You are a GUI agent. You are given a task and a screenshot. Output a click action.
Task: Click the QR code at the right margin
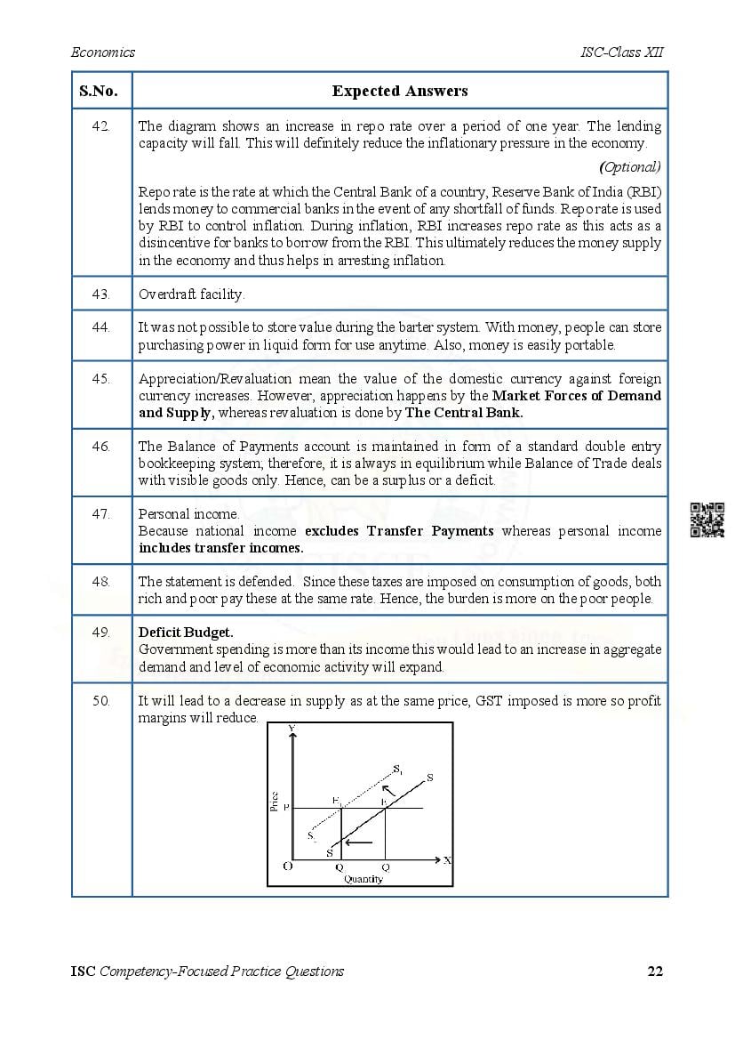tap(707, 520)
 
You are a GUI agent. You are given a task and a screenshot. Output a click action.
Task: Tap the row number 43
tap(101, 294)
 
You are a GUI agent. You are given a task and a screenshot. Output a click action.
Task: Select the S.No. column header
tap(101, 91)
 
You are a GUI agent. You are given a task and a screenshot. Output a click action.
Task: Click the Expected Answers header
tap(400, 91)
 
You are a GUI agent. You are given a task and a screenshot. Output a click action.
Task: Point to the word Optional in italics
tap(631, 166)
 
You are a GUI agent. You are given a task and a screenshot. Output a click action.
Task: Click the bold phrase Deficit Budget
tap(186, 633)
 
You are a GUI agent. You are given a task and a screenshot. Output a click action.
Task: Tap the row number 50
tap(101, 701)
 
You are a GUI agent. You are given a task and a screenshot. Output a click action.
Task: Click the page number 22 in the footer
tap(655, 971)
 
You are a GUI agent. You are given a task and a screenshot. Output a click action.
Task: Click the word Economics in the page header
tap(103, 52)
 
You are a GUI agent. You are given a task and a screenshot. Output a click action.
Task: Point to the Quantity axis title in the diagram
tap(363, 879)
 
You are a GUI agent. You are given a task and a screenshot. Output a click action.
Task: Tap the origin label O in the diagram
tap(288, 866)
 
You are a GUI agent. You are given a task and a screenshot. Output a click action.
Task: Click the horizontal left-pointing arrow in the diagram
tap(358, 842)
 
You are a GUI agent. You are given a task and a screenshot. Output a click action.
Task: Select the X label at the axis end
tap(447, 860)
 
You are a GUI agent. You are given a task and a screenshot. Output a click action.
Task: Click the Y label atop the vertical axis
tap(292, 729)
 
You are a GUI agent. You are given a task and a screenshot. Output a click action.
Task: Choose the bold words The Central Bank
tap(464, 412)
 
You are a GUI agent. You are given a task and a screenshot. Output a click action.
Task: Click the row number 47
tap(101, 514)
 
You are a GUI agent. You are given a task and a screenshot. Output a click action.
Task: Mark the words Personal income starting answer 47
tap(188, 514)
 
